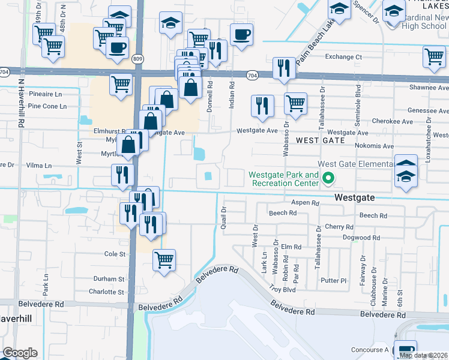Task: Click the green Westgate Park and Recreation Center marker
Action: (x=328, y=178)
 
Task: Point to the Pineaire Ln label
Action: (x=45, y=95)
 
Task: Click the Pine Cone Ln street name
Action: (x=46, y=106)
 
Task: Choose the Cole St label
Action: (x=115, y=254)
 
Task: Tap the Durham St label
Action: (x=109, y=279)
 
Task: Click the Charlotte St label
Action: (x=106, y=292)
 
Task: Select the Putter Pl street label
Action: (x=334, y=280)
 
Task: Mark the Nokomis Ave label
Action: (x=373, y=146)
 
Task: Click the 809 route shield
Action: (x=139, y=58)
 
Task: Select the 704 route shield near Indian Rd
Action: (x=252, y=75)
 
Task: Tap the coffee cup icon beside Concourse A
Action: (x=405, y=350)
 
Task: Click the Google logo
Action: (x=20, y=353)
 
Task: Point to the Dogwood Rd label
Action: (x=361, y=238)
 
